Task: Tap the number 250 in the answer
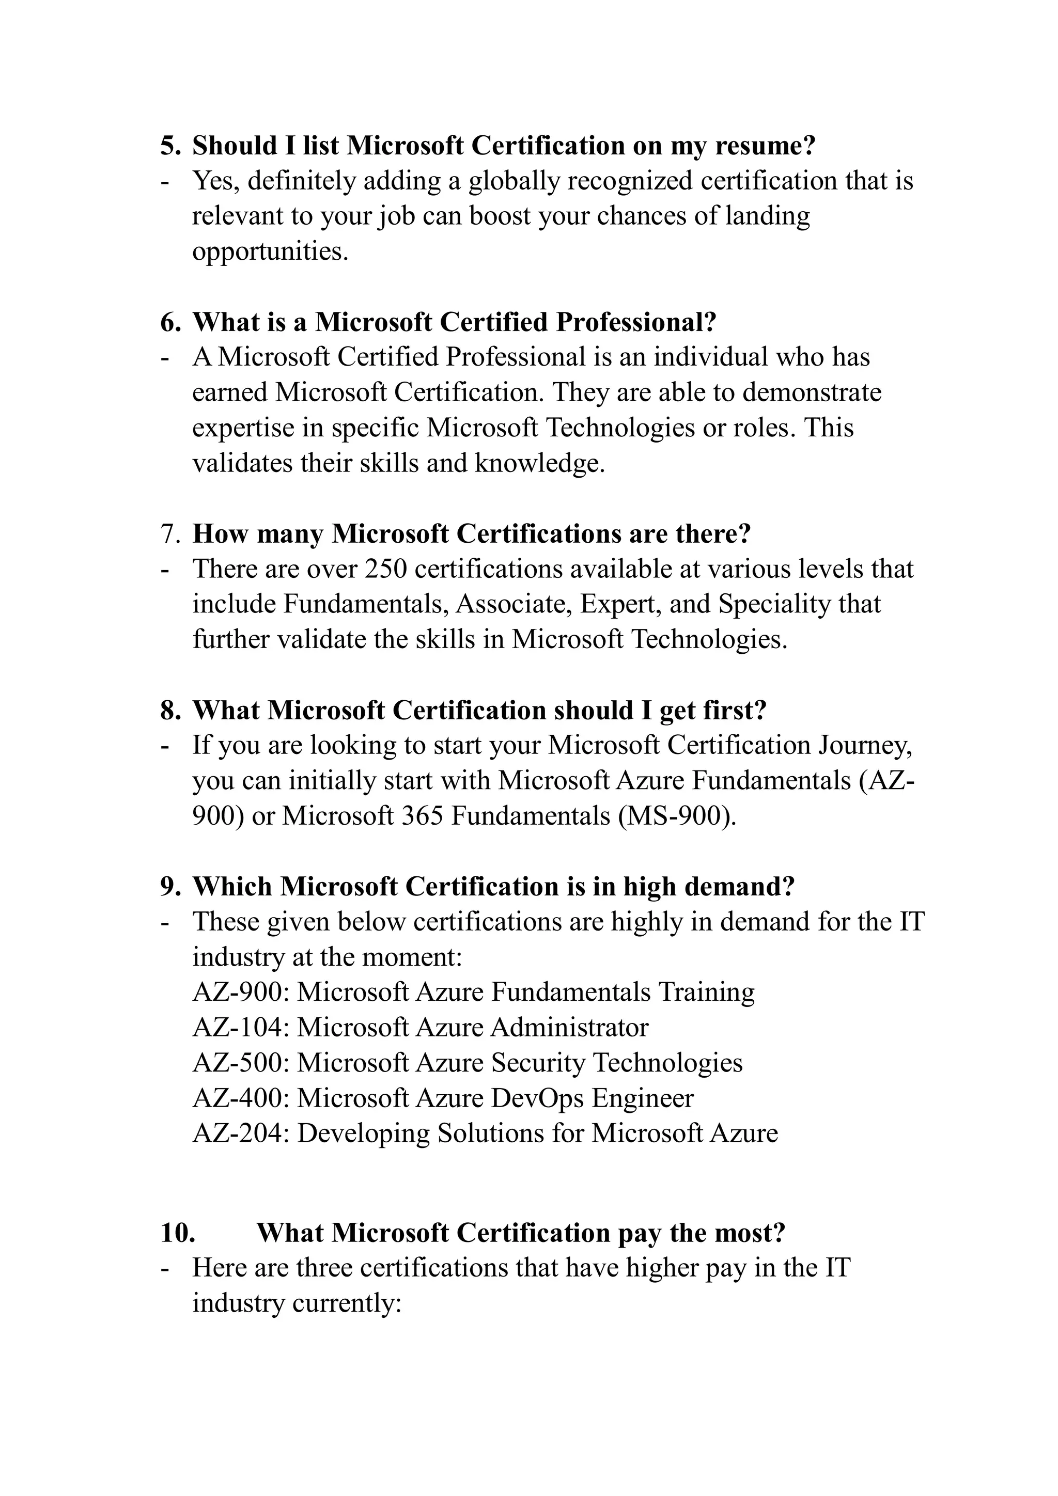[385, 569]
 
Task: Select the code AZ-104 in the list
[239, 1028]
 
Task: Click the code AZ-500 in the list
[239, 1063]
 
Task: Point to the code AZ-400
[239, 1098]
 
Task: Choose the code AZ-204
[239, 1133]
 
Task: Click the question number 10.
[178, 1233]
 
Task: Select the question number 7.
[169, 533]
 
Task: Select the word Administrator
[569, 1028]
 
